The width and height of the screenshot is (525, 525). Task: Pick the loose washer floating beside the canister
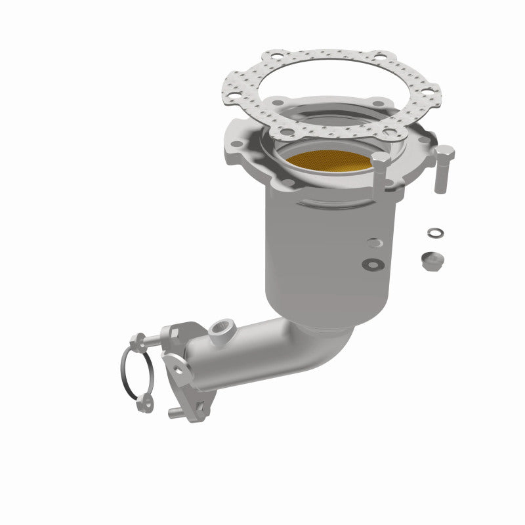434,233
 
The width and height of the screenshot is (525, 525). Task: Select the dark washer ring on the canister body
373,264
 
